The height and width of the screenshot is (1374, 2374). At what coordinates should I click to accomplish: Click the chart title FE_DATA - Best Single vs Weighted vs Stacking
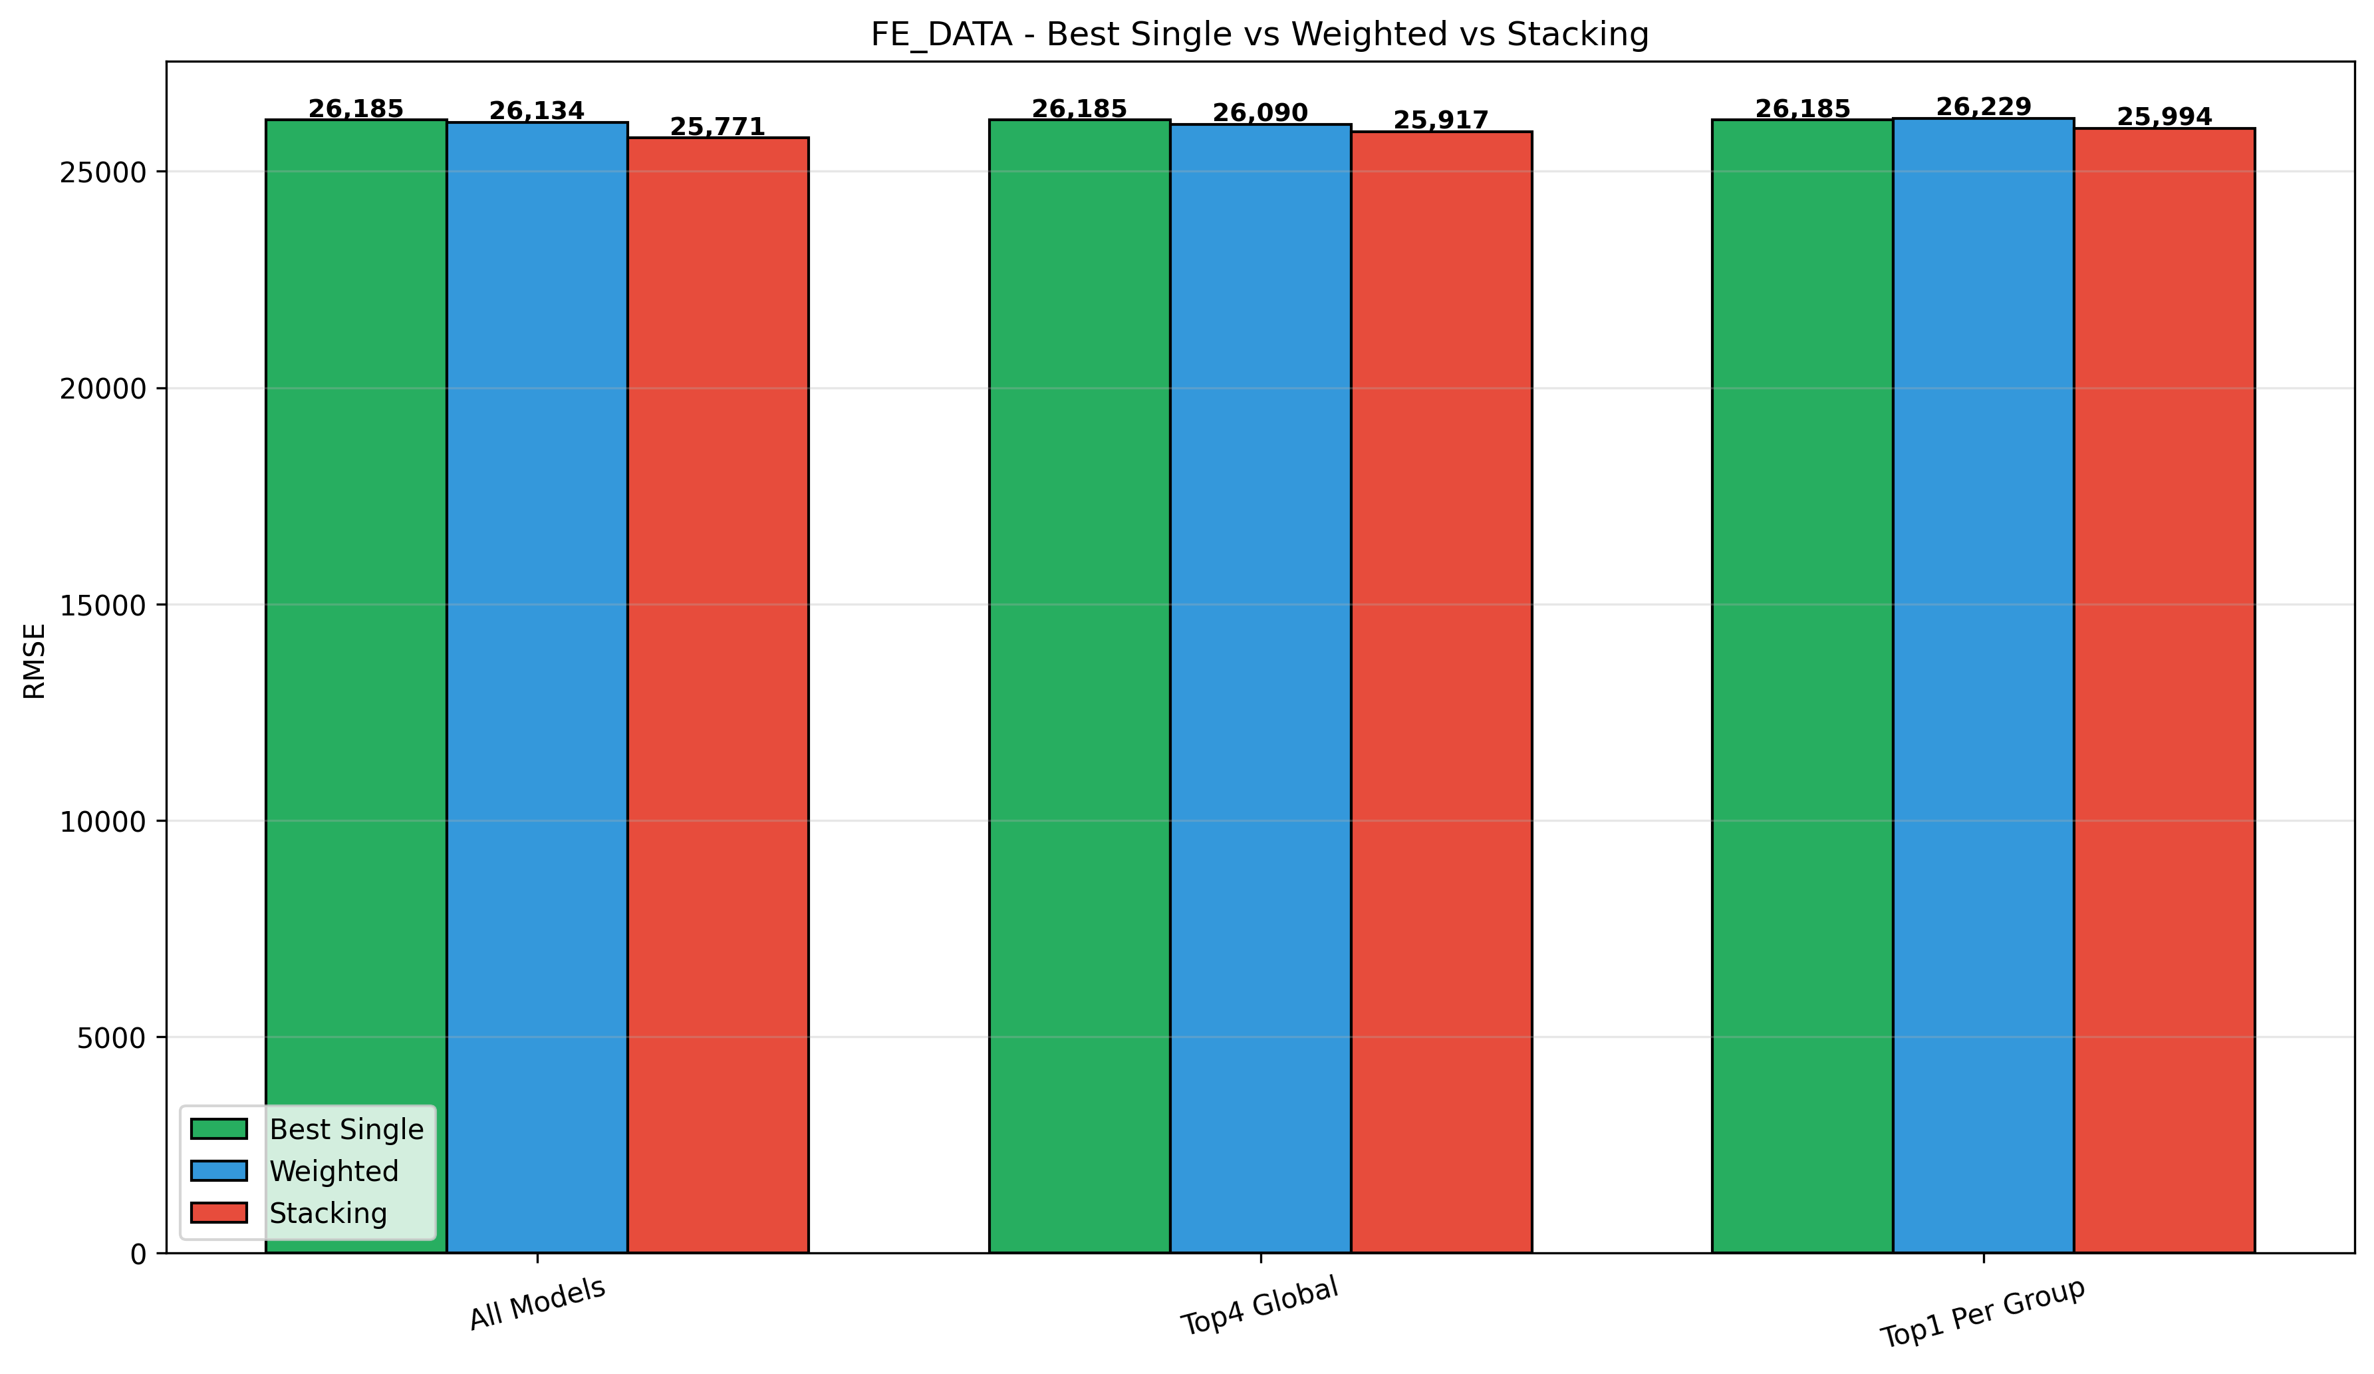pyautogui.click(x=1259, y=35)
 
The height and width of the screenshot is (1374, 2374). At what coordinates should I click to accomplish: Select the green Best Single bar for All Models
pyautogui.click(x=356, y=659)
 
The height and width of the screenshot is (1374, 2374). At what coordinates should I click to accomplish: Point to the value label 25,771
pyautogui.click(x=718, y=126)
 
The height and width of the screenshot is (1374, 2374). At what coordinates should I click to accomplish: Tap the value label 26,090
pyautogui.click(x=1261, y=113)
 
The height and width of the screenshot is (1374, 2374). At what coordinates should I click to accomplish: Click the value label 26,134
pyautogui.click(x=537, y=111)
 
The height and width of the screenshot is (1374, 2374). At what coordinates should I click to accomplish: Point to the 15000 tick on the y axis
pyautogui.click(x=102, y=605)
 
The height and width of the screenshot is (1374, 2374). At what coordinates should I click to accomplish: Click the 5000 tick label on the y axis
pyautogui.click(x=111, y=1037)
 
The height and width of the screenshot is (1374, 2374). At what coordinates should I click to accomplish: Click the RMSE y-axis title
pyautogui.click(x=35, y=661)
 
